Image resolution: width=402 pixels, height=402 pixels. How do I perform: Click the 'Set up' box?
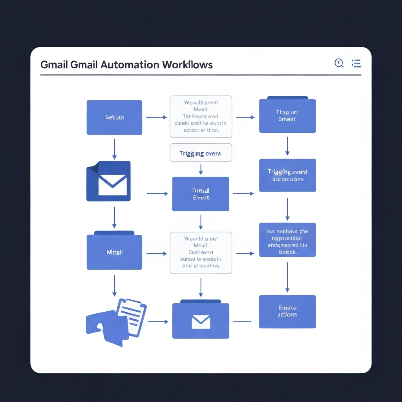click(114, 117)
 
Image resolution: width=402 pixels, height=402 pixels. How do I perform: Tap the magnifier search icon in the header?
click(339, 63)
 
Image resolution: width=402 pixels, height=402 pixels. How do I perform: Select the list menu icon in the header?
click(356, 63)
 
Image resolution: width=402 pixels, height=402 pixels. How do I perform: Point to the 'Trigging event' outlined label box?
click(201, 153)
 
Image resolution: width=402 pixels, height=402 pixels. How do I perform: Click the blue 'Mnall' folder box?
click(114, 252)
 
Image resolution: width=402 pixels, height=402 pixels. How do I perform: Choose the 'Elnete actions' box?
click(287, 311)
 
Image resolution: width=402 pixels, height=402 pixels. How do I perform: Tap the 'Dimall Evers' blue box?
click(201, 194)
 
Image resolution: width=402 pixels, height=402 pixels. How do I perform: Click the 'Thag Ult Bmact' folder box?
click(287, 115)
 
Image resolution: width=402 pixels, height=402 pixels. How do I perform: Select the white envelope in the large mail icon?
click(113, 185)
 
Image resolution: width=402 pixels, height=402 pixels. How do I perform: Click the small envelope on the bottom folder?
click(201, 322)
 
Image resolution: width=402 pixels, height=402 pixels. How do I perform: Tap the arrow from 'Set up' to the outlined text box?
click(156, 117)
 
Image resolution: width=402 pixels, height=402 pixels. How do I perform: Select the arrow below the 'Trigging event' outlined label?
click(201, 169)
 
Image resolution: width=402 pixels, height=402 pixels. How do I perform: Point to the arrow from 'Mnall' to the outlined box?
click(156, 254)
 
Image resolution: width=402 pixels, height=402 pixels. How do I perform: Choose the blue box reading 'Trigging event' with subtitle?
click(287, 175)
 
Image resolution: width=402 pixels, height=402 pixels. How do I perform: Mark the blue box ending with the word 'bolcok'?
click(287, 240)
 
